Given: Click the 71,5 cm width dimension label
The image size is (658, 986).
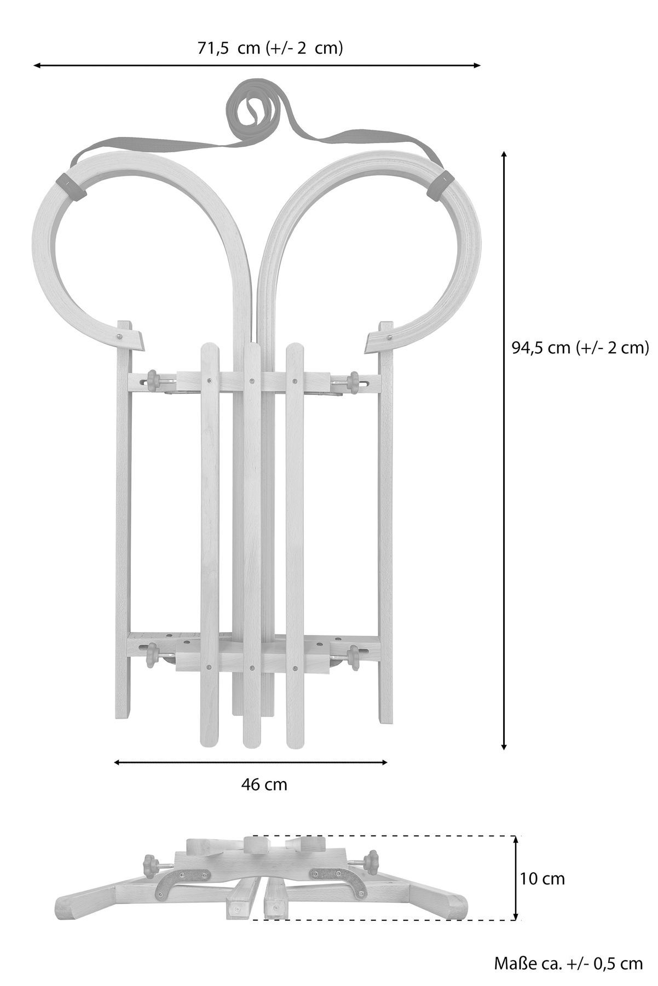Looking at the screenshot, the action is coord(270,48).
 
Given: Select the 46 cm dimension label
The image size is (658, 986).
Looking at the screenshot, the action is coord(264,784).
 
